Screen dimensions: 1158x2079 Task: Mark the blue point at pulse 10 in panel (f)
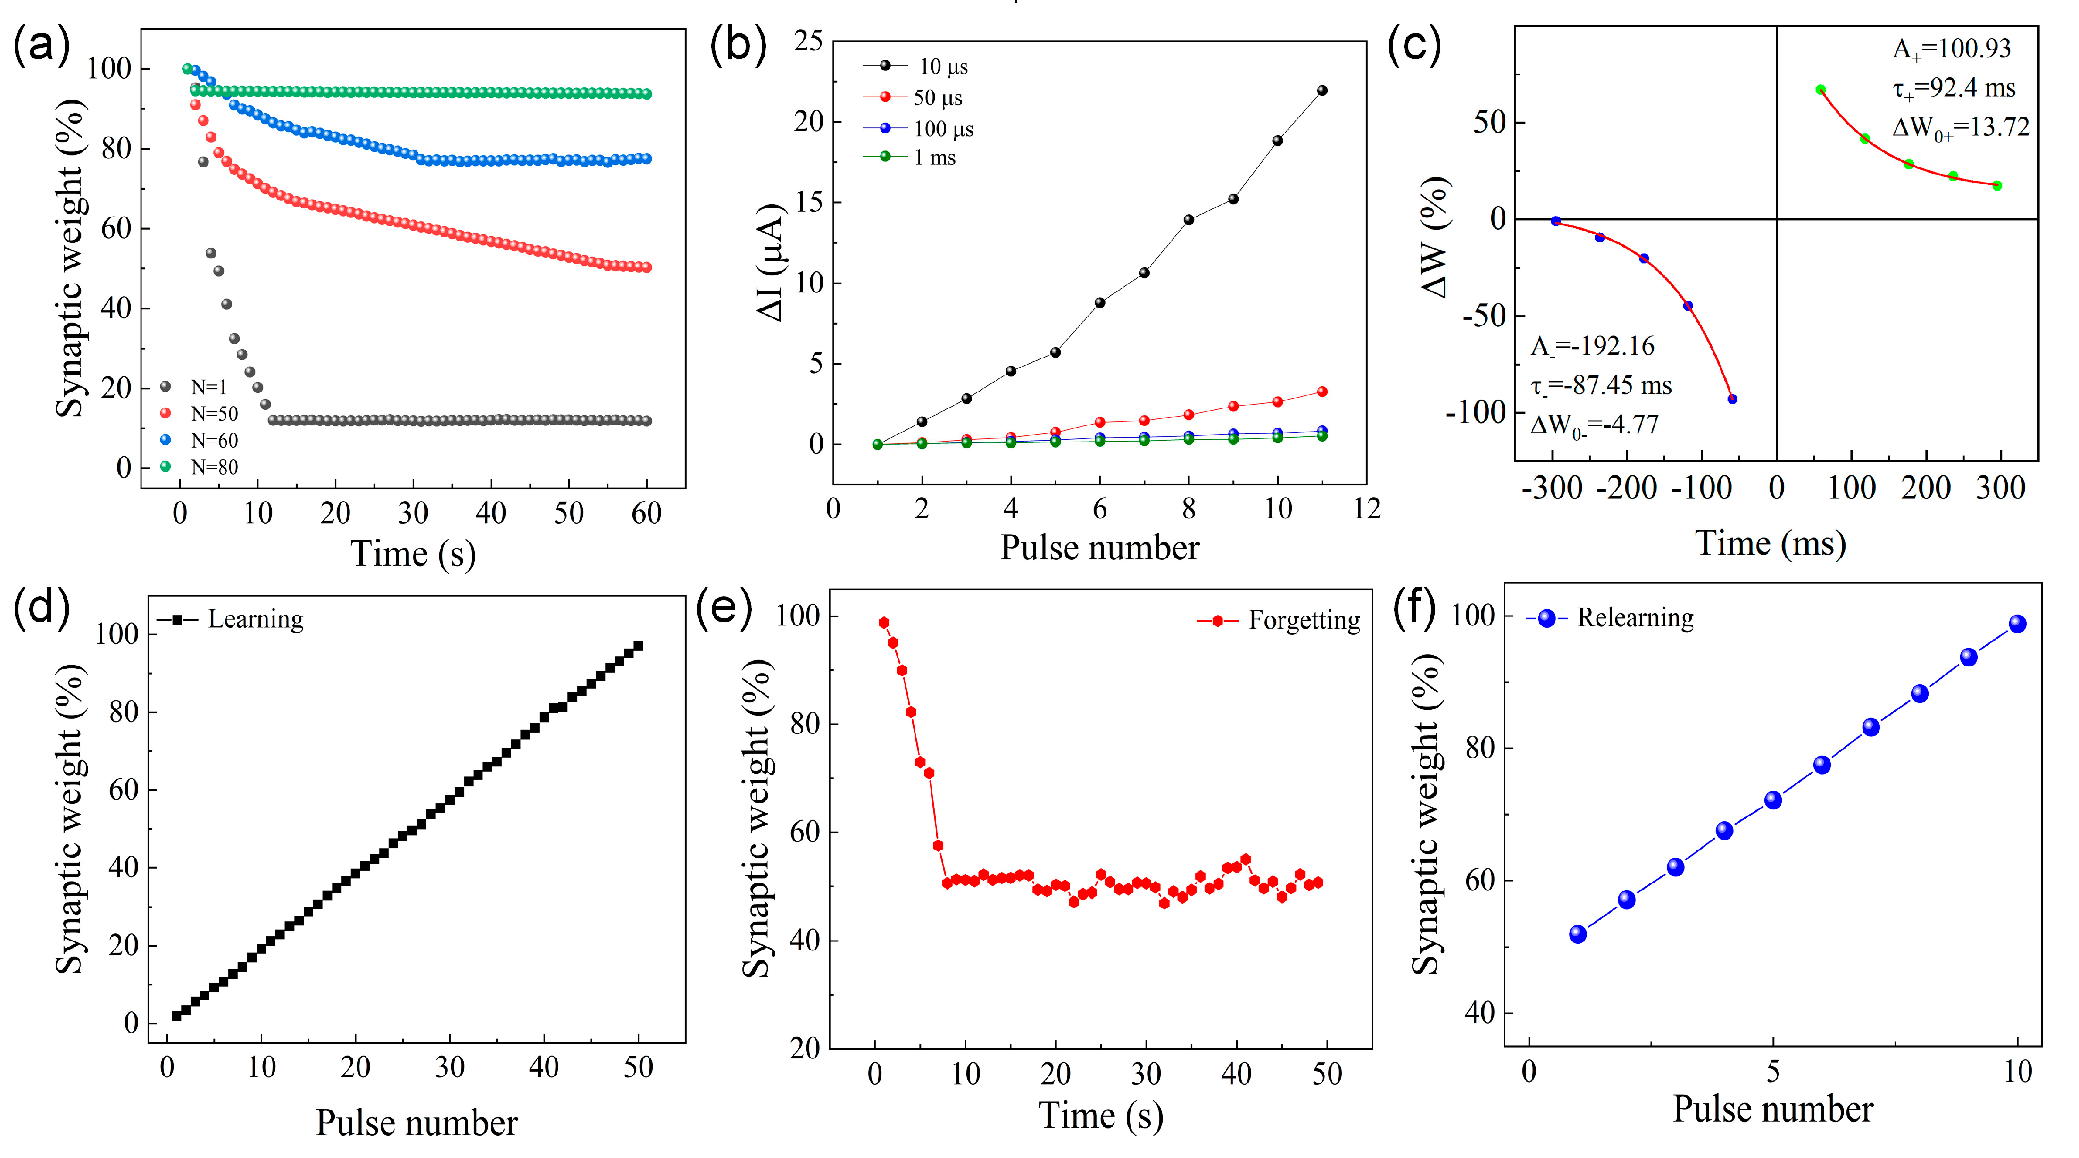pyautogui.click(x=2017, y=624)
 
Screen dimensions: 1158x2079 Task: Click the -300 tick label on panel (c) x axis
pyautogui.click(x=1552, y=488)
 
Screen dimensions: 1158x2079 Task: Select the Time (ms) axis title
pyautogui.click(x=1770, y=543)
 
